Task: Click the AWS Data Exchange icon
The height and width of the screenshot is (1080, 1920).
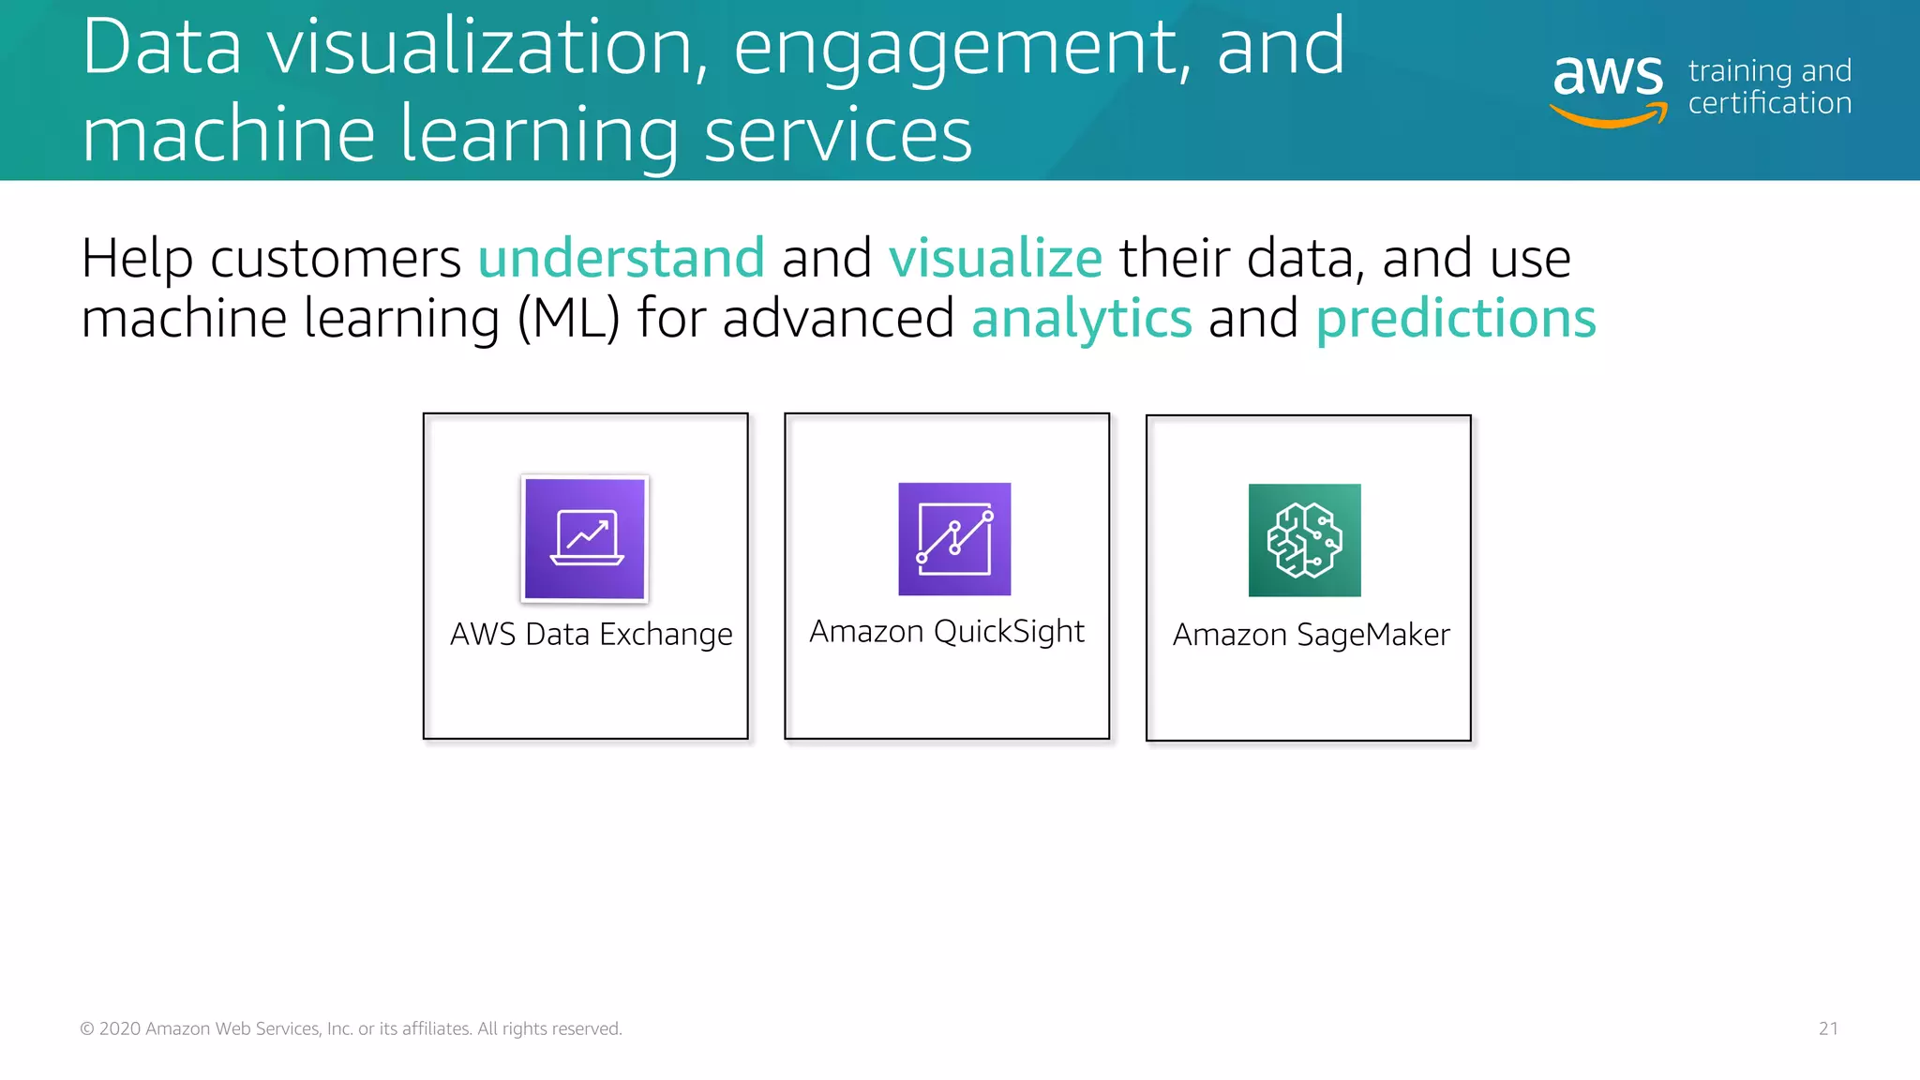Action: (585, 538)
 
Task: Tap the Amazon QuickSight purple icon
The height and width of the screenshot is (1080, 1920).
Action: (954, 539)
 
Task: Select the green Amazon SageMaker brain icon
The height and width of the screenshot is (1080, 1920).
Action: (1304, 540)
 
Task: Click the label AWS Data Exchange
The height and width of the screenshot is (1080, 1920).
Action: (591, 635)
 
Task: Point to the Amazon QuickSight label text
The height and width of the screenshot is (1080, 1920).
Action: (947, 632)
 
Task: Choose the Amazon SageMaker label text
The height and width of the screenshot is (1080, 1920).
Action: (1311, 636)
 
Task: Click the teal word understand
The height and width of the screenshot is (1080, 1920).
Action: (622, 258)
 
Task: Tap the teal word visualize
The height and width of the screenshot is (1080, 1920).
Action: (995, 258)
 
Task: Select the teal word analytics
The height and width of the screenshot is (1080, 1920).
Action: (1082, 319)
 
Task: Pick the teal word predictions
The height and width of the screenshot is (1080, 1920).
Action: (1456, 319)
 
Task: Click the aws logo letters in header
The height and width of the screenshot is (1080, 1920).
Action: (1608, 74)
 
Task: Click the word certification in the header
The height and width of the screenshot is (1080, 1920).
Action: (1770, 103)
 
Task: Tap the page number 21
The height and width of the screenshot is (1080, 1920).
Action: (1828, 1028)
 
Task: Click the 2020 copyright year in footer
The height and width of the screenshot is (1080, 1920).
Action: (120, 1028)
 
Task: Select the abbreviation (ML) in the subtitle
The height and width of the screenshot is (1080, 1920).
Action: (569, 319)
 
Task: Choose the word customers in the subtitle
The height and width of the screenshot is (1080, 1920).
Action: (336, 259)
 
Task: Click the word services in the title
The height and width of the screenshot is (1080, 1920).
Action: (837, 134)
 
